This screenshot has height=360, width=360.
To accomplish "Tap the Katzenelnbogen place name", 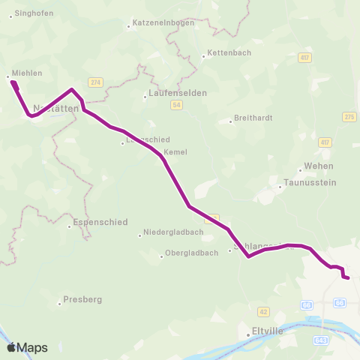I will tap(163, 22).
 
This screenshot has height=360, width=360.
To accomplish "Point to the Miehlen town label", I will tap(27, 73).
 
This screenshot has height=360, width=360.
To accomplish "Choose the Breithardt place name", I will tap(252, 118).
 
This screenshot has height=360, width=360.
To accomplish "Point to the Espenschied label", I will tap(101, 223).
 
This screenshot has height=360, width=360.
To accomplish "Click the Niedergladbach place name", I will tap(173, 232).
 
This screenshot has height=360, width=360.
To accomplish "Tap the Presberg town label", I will tap(82, 299).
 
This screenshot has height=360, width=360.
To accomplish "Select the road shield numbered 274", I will tap(95, 82).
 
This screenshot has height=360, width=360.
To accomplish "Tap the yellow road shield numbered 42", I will tap(262, 310).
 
